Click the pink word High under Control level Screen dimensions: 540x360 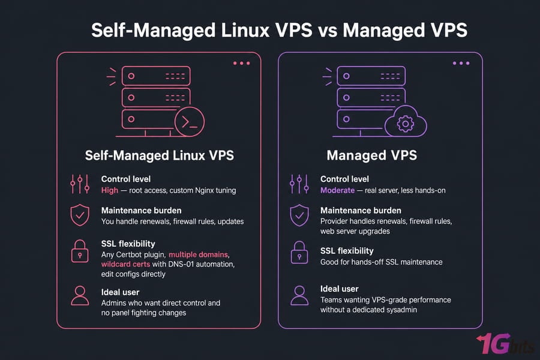tap(110, 190)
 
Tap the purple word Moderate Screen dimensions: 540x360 tap(337, 190)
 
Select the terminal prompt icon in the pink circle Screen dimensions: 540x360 tap(190, 122)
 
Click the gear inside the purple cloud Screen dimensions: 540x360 tap(406, 124)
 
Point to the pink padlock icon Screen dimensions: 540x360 tap(80, 251)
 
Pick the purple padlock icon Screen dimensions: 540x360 tap(299, 253)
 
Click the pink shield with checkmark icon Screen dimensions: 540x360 tap(80, 215)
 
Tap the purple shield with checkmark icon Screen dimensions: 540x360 tap(299, 215)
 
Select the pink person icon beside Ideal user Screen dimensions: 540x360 tap(80, 296)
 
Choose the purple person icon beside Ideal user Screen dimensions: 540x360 tap(299, 296)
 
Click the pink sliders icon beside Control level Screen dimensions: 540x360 tap(80, 184)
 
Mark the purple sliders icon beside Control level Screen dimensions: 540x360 tap(299, 184)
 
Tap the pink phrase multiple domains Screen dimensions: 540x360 tap(199, 254)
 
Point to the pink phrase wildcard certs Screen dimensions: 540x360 tap(126, 264)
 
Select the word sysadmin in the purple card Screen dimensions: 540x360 tap(401, 310)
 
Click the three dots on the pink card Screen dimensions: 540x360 tap(241, 64)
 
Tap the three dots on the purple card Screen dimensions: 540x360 tap(461, 64)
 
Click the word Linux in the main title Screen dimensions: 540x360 tap(245, 31)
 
